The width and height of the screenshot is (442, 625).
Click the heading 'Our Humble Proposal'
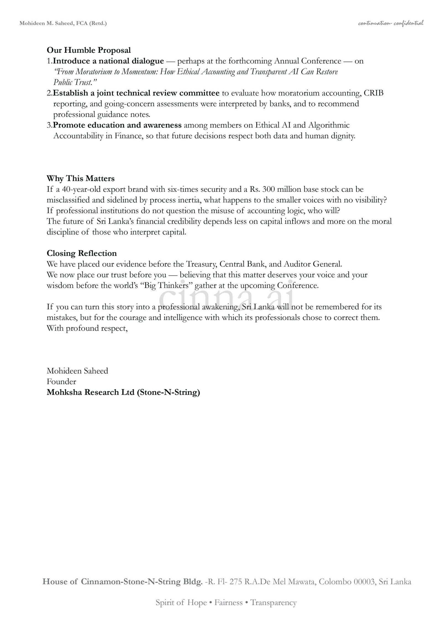pyautogui.click(x=89, y=50)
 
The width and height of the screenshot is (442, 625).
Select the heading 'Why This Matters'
pyautogui.click(x=80, y=178)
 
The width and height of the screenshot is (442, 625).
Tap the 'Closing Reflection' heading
pyautogui.click(x=81, y=253)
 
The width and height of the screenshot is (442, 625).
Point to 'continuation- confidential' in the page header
pyautogui.click(x=391, y=23)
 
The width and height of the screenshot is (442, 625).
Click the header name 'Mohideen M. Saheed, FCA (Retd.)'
pyautogui.click(x=63, y=23)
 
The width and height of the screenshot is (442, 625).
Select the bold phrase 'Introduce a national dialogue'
pyautogui.click(x=108, y=61)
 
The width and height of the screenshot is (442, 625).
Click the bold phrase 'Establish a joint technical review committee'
pyautogui.click(x=136, y=93)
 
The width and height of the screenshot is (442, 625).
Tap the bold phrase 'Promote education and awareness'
pyautogui.click(x=117, y=125)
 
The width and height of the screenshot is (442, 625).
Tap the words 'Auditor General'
pyautogui.click(x=312, y=264)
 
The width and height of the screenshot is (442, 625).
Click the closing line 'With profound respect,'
pyautogui.click(x=87, y=328)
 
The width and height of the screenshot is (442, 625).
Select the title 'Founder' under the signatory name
pyautogui.click(x=61, y=382)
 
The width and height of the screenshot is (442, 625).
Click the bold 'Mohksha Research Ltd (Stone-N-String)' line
pyautogui.click(x=123, y=392)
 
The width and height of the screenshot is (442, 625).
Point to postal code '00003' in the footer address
pyautogui.click(x=364, y=582)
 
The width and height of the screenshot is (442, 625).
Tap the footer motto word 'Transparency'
pyautogui.click(x=273, y=602)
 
